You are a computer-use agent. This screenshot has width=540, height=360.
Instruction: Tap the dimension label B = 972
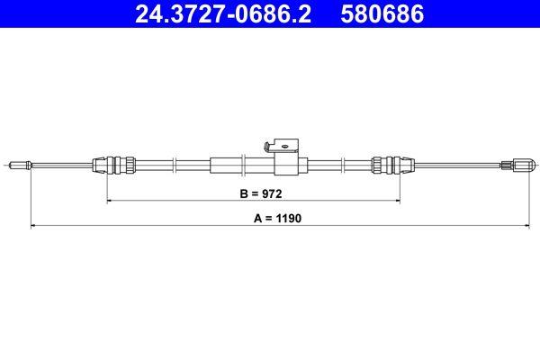click(252, 193)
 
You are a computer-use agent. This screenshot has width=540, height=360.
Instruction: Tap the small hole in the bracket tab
click(286, 141)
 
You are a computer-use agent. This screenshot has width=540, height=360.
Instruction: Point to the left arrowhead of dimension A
click(33, 225)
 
